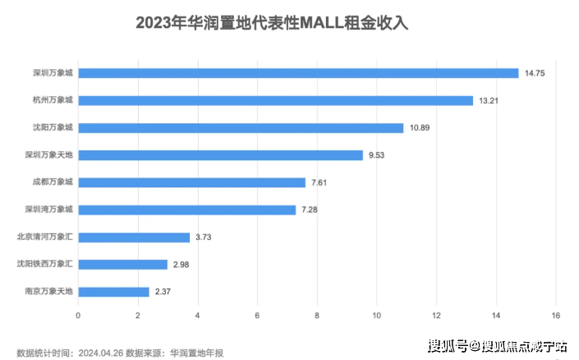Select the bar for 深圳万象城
(x=298, y=73)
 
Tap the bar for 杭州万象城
(x=275, y=100)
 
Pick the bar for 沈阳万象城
(x=241, y=128)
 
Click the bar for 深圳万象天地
(x=220, y=155)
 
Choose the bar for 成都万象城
(x=191, y=182)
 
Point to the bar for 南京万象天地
(x=113, y=292)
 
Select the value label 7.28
(x=310, y=210)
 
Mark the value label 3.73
(x=204, y=238)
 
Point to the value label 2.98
(x=182, y=265)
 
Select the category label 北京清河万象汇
(x=45, y=237)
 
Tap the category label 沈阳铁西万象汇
(x=45, y=265)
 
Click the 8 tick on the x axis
(x=317, y=316)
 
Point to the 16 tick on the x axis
(x=556, y=316)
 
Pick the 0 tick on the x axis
(x=78, y=316)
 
